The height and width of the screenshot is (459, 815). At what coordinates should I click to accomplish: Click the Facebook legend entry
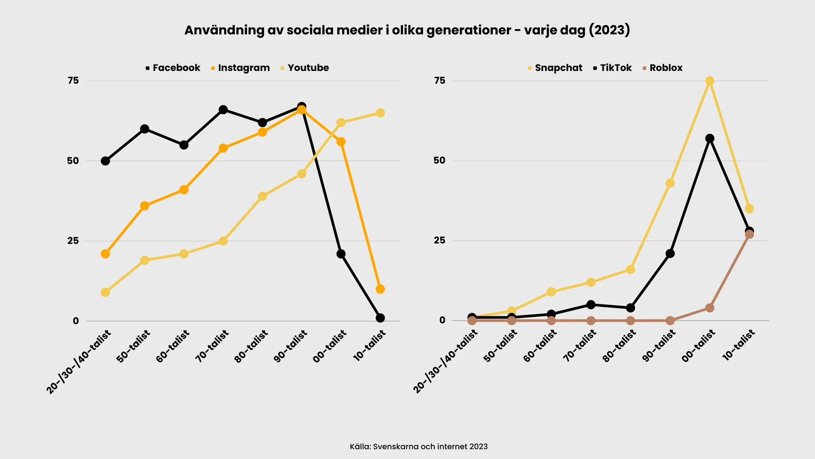tap(173, 68)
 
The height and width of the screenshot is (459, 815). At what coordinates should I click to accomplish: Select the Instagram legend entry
tap(240, 68)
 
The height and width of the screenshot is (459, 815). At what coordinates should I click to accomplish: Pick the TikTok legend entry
tap(613, 68)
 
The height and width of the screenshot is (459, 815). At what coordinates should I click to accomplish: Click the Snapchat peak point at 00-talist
tap(710, 81)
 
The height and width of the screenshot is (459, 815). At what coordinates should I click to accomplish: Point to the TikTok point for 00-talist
tap(710, 139)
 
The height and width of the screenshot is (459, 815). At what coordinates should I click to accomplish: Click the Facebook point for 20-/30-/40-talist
tap(105, 161)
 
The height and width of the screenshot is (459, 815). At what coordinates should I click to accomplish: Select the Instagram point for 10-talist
tap(380, 289)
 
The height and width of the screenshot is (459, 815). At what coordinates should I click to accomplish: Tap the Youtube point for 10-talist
tap(380, 113)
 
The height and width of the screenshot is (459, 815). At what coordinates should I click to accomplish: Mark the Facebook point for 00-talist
tap(341, 254)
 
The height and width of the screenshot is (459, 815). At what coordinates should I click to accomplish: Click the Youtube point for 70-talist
tap(223, 241)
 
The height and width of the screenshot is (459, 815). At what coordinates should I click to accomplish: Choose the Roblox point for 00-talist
tap(710, 308)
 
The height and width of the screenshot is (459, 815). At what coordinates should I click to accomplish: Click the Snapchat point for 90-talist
tap(670, 183)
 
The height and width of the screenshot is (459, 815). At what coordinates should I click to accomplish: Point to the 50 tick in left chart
tap(73, 161)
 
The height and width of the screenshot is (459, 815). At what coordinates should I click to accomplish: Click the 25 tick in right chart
tap(440, 241)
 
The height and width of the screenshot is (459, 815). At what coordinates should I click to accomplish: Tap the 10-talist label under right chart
tap(739, 345)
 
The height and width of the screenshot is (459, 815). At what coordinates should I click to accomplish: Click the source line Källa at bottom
tap(419, 447)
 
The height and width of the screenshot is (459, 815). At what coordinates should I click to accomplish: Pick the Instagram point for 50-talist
tap(145, 206)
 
